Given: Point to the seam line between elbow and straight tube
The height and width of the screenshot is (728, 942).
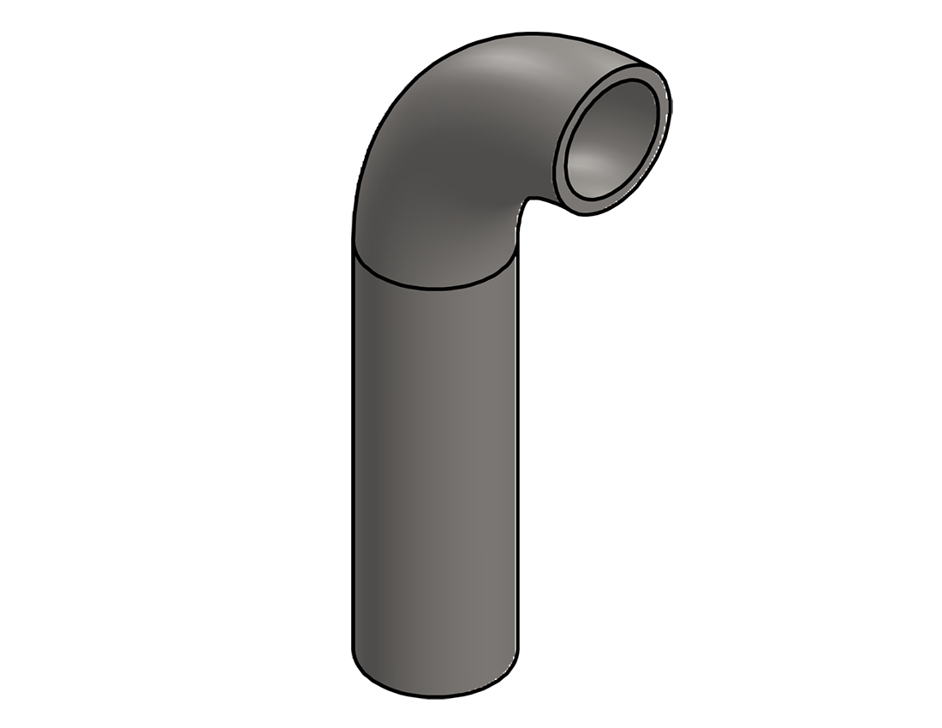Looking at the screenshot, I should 437,286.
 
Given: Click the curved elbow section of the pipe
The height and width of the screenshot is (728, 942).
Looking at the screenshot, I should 445,163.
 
